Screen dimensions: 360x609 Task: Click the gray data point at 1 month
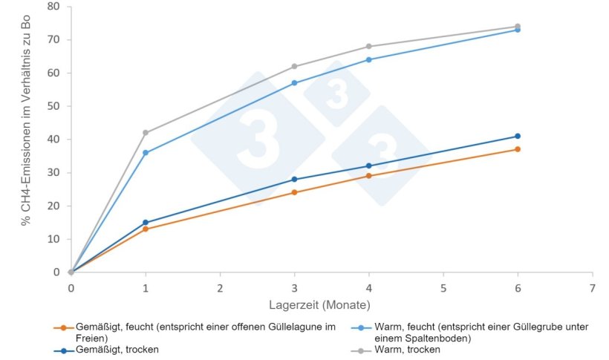pos(146,133)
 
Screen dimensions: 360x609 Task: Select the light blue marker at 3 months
pos(295,83)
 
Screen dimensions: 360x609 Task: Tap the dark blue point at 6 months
pos(518,136)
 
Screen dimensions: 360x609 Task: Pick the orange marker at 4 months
pos(369,176)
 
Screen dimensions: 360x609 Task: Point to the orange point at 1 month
pos(146,229)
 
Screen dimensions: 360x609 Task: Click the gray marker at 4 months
pos(369,47)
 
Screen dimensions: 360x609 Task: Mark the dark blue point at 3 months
pos(295,180)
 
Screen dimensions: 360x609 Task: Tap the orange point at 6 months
pos(518,149)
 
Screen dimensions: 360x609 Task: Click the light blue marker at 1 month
pos(146,153)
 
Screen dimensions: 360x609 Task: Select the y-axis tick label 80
pos(53,7)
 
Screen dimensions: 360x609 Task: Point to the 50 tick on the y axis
pos(53,106)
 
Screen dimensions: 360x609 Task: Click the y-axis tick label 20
pos(53,206)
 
